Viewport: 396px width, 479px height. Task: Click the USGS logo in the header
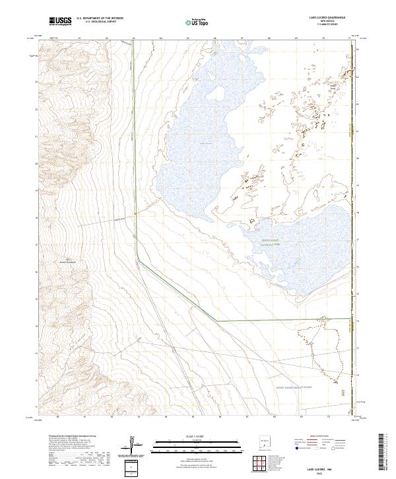(x=60, y=21)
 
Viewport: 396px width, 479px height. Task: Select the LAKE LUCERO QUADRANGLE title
(x=324, y=18)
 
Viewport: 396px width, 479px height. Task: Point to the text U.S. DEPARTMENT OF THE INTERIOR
(x=100, y=18)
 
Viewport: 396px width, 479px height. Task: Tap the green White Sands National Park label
(x=270, y=243)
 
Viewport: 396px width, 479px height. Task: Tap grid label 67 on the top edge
(x=242, y=39)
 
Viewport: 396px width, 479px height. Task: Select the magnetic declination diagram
(x=131, y=444)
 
